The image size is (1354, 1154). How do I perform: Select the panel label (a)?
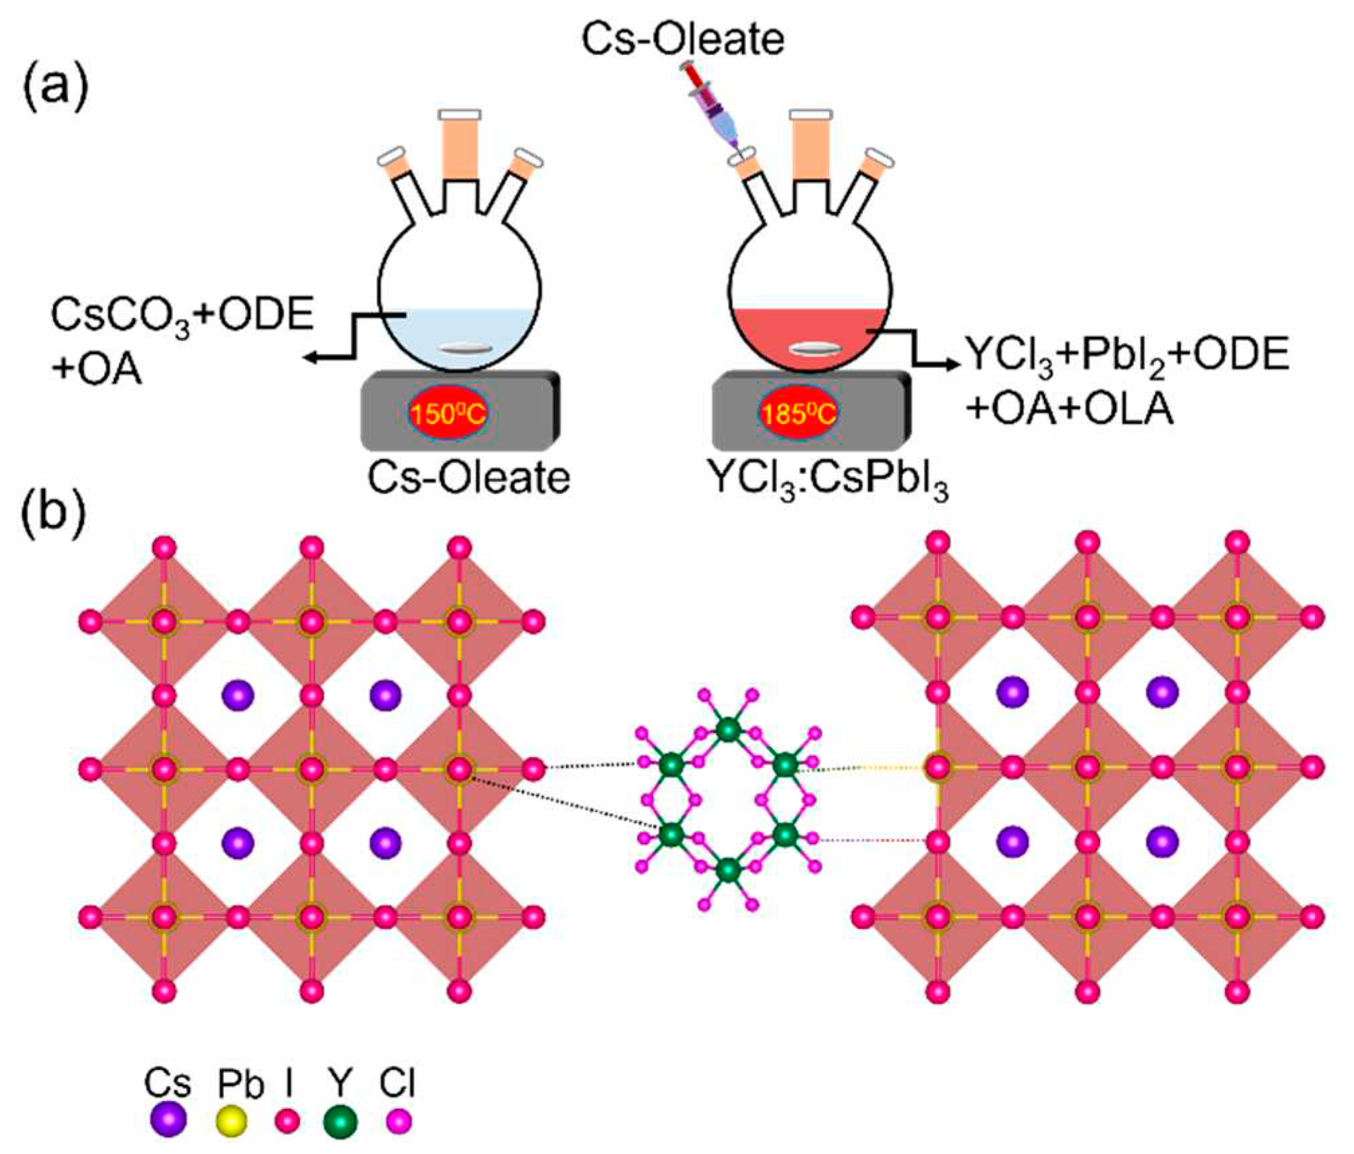[55, 87]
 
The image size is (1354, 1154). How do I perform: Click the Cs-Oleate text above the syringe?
[682, 38]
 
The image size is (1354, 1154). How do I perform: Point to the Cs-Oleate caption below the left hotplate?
[468, 477]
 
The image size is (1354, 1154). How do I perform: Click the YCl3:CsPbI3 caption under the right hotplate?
[828, 481]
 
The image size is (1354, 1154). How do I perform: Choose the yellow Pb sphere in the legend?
[233, 1121]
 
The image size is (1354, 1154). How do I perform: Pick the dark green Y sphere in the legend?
[340, 1120]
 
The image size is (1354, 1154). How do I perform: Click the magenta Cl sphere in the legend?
[399, 1120]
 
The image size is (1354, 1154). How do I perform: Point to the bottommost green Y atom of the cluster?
[728, 869]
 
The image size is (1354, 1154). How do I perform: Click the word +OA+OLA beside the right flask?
[1070, 410]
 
